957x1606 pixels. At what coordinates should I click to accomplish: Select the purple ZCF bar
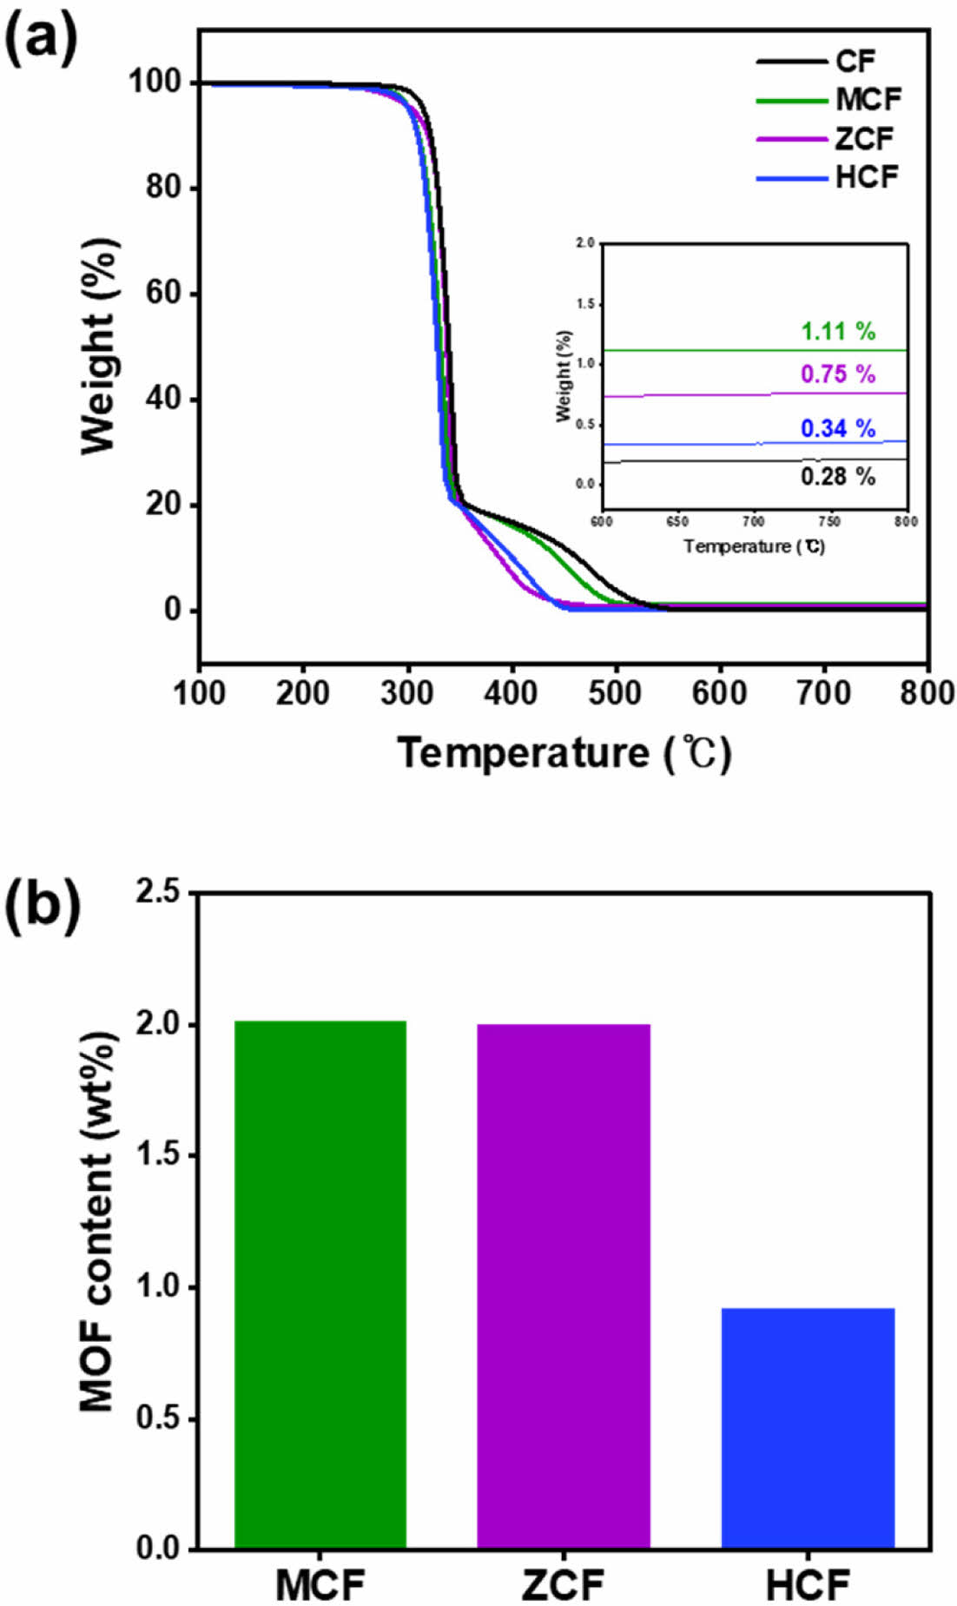point(564,1285)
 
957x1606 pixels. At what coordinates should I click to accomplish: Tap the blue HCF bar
point(808,1428)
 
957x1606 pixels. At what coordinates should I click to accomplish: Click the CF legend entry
point(855,62)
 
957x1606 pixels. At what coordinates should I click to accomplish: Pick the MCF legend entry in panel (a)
point(868,100)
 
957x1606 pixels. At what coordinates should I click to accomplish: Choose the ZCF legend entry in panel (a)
point(864,139)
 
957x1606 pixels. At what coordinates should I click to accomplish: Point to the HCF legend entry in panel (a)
point(867,178)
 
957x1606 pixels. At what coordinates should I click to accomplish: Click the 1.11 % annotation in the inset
point(838,331)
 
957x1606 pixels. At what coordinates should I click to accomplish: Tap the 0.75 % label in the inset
point(838,374)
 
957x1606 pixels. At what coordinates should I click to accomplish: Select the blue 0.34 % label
point(838,428)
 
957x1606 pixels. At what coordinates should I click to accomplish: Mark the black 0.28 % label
point(838,476)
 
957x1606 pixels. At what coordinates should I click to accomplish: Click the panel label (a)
point(41,39)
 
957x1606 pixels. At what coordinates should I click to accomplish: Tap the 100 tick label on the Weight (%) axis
point(155,83)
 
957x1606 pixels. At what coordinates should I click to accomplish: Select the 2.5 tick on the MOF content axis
point(162,893)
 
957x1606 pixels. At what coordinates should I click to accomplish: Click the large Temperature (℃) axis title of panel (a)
point(564,753)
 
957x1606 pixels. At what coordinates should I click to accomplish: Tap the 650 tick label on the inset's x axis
point(676,522)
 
